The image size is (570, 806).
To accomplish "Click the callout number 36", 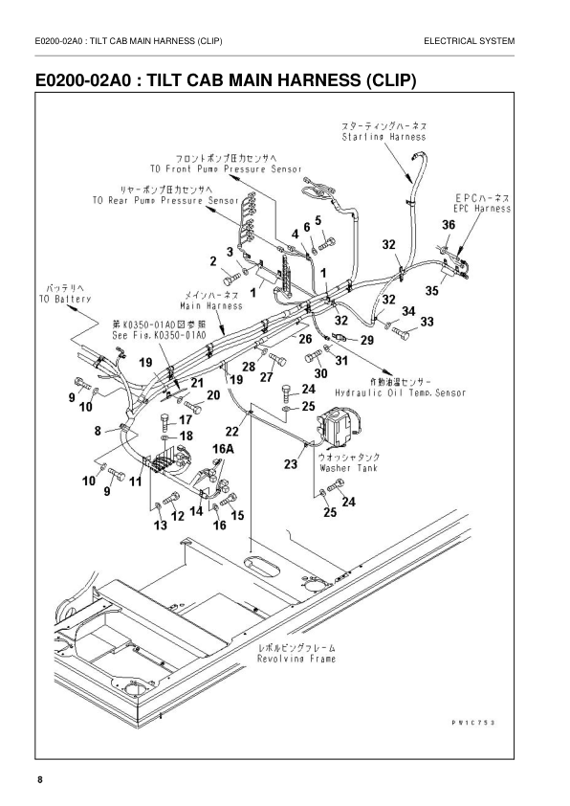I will click(449, 224).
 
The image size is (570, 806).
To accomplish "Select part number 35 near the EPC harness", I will click(432, 290).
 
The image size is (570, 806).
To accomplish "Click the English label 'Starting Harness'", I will click(384, 137).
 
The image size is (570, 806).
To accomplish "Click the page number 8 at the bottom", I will click(40, 781).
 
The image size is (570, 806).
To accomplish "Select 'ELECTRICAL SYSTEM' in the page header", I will click(474, 41).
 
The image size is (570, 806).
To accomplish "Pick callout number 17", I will click(186, 419).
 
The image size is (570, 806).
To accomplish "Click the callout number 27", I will click(267, 377).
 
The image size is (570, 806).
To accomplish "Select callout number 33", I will click(427, 321).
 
